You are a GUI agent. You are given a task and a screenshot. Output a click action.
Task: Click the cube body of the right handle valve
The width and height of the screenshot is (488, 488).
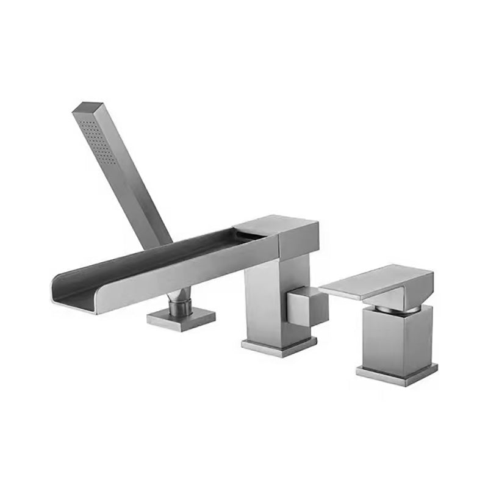click(396, 339)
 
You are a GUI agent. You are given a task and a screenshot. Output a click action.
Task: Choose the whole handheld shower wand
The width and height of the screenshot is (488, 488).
click(122, 177)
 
